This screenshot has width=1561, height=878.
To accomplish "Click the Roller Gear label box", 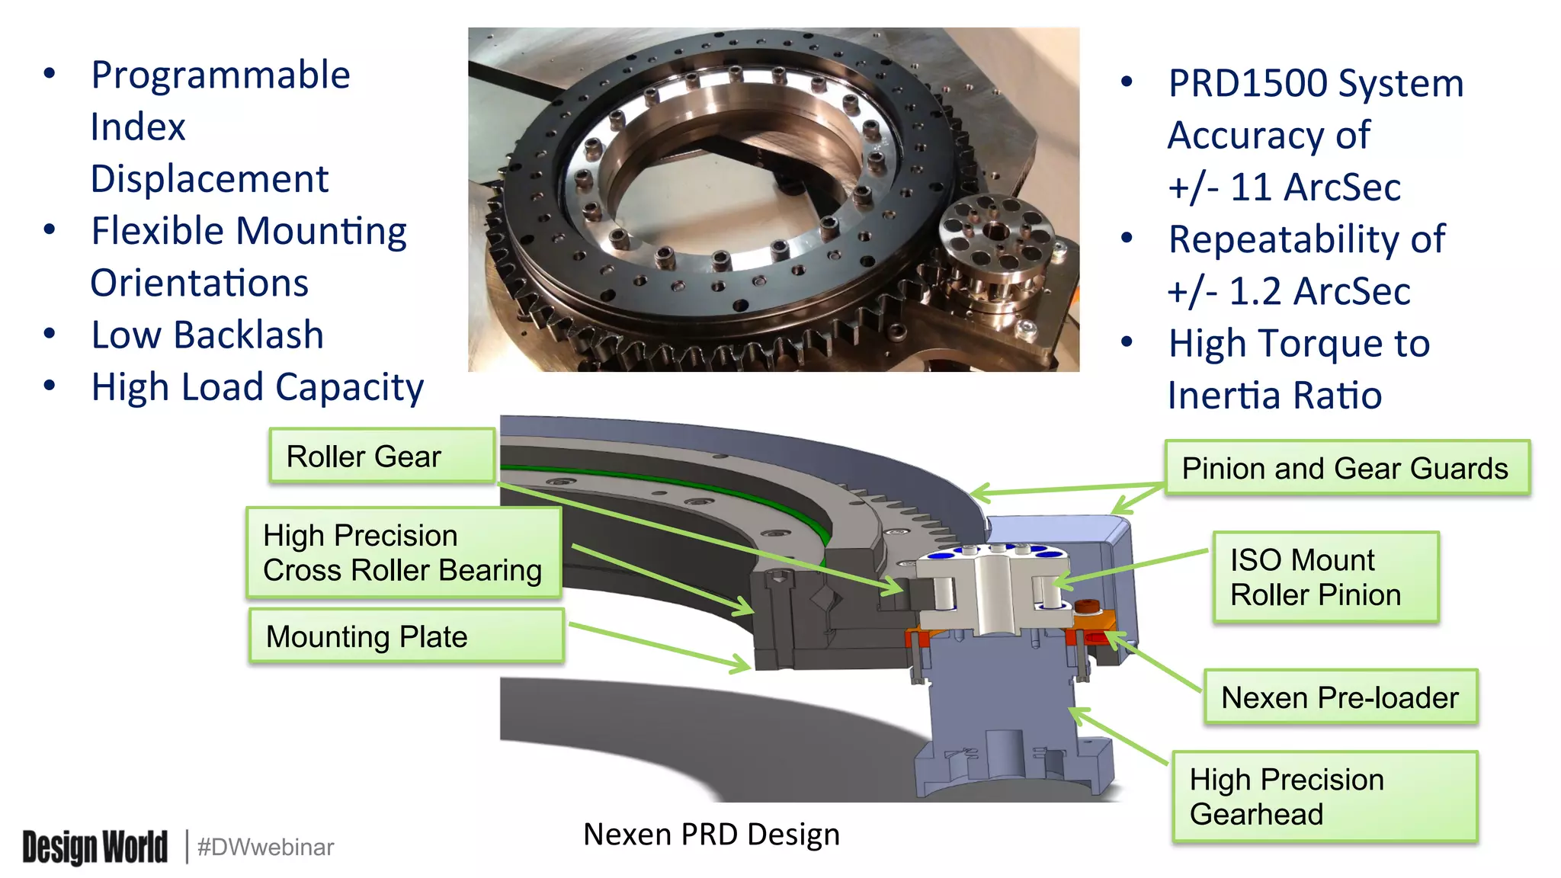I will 382,456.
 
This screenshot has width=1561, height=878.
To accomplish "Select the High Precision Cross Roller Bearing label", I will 403,553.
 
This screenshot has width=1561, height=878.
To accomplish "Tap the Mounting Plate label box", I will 406,636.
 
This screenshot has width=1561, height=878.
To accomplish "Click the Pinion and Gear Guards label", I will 1346,468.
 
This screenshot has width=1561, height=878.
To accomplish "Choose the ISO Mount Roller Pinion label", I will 1325,577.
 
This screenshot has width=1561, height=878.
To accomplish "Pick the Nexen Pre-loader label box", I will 1340,697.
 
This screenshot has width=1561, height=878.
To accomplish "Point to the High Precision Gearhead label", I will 1324,796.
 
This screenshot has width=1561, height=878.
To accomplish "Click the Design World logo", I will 95,847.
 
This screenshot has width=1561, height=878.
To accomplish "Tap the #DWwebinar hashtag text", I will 265,847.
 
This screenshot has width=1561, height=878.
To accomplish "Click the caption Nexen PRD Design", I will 711,834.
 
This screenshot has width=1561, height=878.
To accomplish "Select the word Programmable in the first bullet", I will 220,75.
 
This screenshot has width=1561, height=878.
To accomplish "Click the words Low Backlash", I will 207,335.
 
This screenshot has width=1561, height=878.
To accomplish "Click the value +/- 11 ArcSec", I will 1284,187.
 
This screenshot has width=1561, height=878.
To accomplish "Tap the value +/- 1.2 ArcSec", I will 1289,292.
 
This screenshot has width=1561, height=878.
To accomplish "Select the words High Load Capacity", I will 258,387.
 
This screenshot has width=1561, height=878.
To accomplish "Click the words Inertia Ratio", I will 1274,396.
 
